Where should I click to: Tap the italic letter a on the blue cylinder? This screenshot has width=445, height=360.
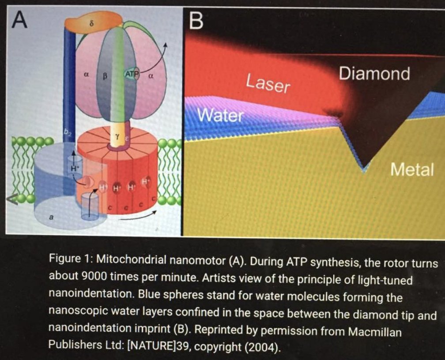tap(52, 217)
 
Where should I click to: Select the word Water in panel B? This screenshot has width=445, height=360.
tap(220, 116)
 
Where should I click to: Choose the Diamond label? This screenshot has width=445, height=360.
tap(374, 73)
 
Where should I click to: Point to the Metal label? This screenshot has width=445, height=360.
tap(412, 169)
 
